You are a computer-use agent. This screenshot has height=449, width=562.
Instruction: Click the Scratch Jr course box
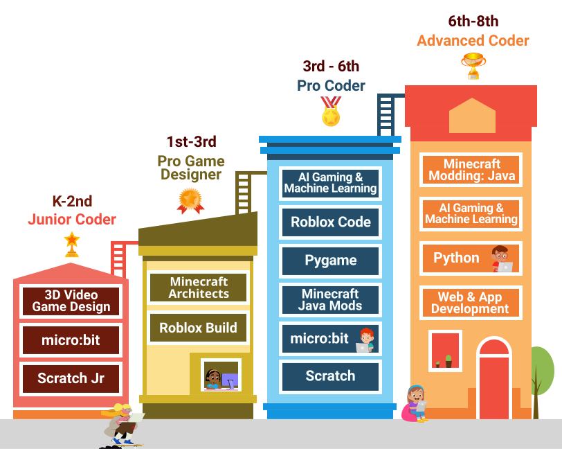pyautogui.click(x=71, y=378)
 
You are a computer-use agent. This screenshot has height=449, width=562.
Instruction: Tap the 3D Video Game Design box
pyautogui.click(x=71, y=301)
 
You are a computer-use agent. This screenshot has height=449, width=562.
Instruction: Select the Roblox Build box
pyautogui.click(x=198, y=328)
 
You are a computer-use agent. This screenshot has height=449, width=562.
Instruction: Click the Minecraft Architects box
pyautogui.click(x=198, y=288)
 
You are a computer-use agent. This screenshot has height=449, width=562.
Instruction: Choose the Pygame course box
pyautogui.click(x=330, y=261)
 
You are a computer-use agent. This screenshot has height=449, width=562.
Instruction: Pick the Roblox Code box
pyautogui.click(x=330, y=222)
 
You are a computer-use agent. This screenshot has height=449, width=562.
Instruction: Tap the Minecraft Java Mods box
pyautogui.click(x=330, y=299)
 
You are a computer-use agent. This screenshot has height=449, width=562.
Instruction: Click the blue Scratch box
pyautogui.click(x=330, y=376)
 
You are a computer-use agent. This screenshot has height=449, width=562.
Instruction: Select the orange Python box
pyautogui.click(x=471, y=258)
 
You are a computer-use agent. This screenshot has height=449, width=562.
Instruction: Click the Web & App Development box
pyautogui.click(x=471, y=303)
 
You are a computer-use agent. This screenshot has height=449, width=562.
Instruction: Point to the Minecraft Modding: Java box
pyautogui.click(x=471, y=170)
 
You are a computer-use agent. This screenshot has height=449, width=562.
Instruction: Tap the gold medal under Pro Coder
pyautogui.click(x=331, y=113)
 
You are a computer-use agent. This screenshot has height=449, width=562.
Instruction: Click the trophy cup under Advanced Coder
pyautogui.click(x=473, y=65)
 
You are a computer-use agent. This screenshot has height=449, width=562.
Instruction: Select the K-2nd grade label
pyautogui.click(x=72, y=202)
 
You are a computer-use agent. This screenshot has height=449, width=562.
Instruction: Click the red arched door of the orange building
pyautogui.click(x=494, y=379)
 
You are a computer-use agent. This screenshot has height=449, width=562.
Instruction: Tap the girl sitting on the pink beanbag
pyautogui.click(x=416, y=403)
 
